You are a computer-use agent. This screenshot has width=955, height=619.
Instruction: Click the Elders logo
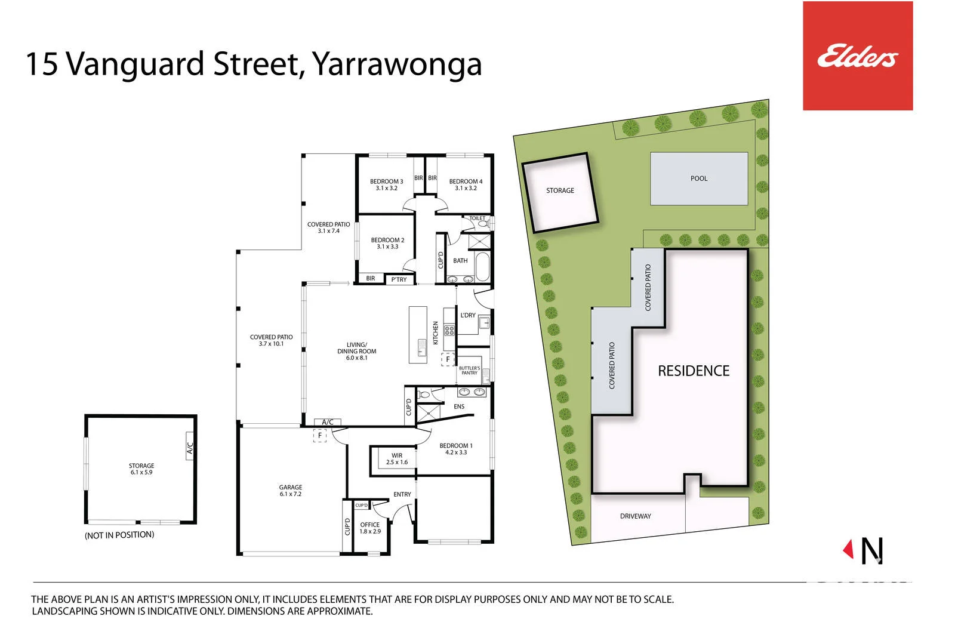[857, 56]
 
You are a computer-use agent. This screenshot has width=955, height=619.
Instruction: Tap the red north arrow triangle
[848, 549]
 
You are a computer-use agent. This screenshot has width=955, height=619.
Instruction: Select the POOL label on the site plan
[699, 178]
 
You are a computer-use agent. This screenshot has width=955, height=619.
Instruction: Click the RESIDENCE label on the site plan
[694, 371]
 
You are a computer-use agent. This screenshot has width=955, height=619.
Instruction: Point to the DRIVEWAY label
[635, 516]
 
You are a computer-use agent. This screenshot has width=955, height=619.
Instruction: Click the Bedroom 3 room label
[386, 184]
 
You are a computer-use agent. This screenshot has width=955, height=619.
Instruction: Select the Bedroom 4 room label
[466, 184]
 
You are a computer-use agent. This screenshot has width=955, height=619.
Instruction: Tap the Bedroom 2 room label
[387, 243]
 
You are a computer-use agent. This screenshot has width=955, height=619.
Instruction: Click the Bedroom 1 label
[456, 449]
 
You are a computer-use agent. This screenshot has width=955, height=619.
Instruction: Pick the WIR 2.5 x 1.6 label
[397, 458]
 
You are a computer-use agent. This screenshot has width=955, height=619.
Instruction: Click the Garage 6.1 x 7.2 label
[290, 491]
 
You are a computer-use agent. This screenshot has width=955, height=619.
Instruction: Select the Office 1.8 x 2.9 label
[369, 528]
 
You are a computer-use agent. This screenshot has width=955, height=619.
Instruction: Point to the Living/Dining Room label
[356, 351]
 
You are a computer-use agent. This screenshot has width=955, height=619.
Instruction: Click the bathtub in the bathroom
[483, 267]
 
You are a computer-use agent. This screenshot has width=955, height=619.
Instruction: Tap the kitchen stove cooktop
[449, 330]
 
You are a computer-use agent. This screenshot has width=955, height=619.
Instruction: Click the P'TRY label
[399, 280]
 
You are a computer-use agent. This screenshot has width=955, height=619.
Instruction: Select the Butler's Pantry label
[469, 371]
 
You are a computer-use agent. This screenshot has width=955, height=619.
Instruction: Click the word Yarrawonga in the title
[397, 64]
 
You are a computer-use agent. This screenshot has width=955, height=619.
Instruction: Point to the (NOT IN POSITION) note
[119, 535]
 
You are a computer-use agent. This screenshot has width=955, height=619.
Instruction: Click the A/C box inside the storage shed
[190, 446]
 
